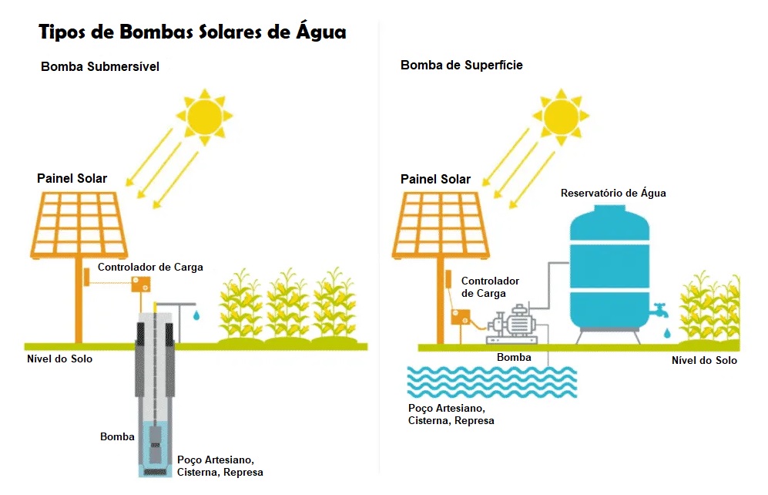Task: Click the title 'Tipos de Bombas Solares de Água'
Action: [x=193, y=32]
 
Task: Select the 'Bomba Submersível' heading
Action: [x=100, y=67]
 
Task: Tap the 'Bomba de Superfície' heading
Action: [x=461, y=66]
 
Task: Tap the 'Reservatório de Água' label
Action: [x=613, y=194]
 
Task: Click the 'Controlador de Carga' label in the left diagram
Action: [x=150, y=268]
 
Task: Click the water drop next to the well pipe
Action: [x=198, y=315]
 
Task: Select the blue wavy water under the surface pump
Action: [x=492, y=379]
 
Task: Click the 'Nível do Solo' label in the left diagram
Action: [x=60, y=359]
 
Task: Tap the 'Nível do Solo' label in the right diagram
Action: [x=704, y=361]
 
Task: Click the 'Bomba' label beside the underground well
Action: [x=117, y=437]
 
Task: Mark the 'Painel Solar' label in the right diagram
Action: [x=435, y=180]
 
